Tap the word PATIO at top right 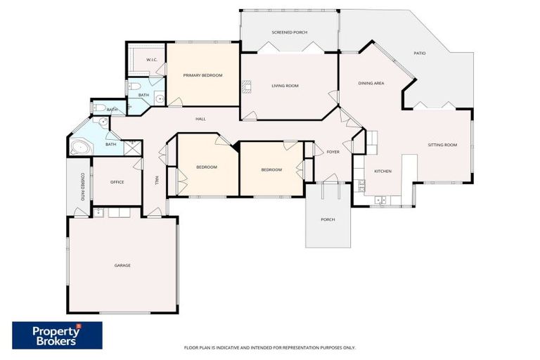(420, 53)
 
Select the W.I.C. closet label (151, 60)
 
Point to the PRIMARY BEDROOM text (202, 75)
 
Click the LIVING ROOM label (285, 86)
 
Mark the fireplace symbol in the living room (245, 86)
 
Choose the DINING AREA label (371, 84)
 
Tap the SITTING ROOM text (442, 145)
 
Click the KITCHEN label (382, 171)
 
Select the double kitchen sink (380, 201)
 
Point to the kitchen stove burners (361, 186)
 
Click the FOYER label (333, 151)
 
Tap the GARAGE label (122, 265)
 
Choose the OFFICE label (117, 182)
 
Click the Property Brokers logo (57, 335)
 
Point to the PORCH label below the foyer (327, 219)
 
